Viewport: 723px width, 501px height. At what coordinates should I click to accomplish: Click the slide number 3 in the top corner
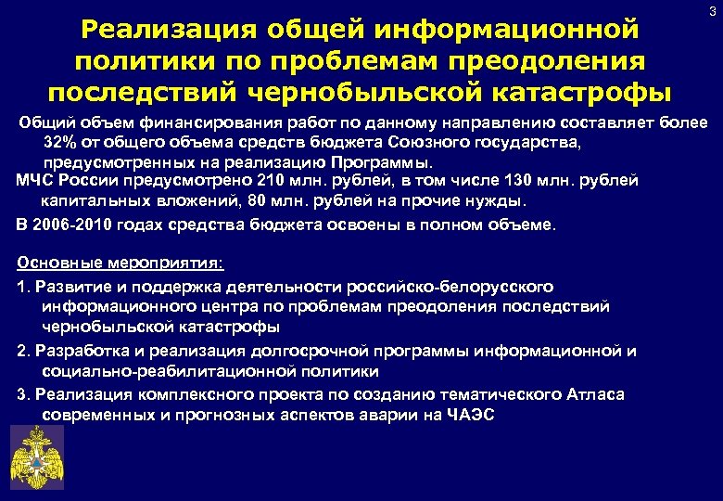point(711,11)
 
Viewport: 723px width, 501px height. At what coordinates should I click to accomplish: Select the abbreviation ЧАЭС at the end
point(471,415)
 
